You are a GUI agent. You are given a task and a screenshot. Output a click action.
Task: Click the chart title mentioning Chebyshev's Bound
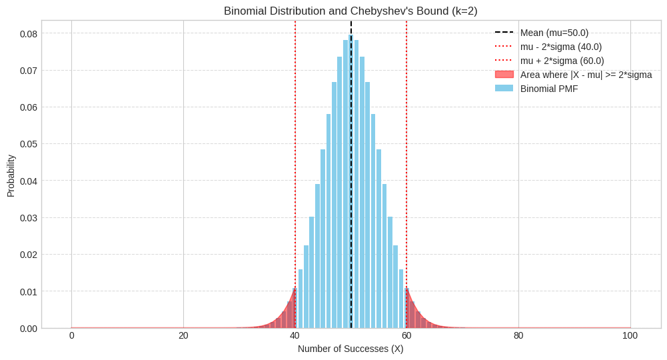[350, 11]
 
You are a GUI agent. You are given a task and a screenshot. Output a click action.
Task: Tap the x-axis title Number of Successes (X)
[350, 349]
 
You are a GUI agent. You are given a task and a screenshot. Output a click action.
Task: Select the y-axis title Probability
[11, 176]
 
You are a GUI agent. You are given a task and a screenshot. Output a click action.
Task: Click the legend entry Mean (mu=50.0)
[554, 33]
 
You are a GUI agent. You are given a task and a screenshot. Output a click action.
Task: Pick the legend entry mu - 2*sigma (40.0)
[560, 47]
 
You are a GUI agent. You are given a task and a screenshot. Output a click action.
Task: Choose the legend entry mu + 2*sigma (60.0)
[562, 61]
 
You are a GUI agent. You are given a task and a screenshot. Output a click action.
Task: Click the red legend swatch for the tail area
[504, 74]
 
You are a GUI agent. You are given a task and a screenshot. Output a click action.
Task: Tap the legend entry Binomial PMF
[548, 89]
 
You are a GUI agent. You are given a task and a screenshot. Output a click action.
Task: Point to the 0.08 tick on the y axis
[29, 33]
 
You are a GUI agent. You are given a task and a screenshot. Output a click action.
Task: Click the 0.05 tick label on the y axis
[29, 144]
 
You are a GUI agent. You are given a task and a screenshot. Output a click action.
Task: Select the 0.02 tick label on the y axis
[29, 255]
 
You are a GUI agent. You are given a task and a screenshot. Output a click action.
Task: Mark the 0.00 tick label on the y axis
[29, 329]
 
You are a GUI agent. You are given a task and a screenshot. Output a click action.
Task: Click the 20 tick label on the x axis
[183, 336]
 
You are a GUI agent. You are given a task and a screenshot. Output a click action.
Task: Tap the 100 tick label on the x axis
[630, 336]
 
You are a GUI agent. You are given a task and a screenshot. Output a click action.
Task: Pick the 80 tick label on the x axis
[518, 336]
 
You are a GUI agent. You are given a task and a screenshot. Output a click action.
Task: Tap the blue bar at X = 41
[301, 300]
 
